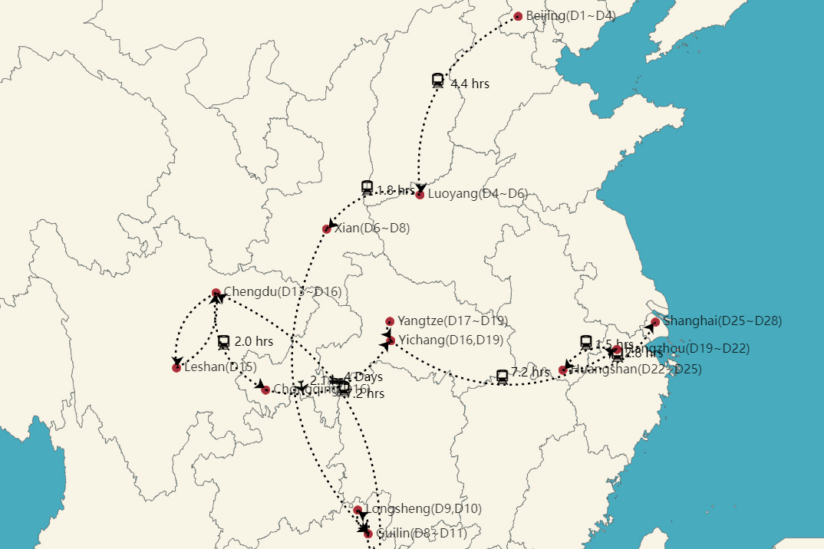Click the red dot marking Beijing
(518, 16)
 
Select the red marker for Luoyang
(420, 195)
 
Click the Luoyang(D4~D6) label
(477, 193)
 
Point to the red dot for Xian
(327, 229)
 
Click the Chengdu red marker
(216, 292)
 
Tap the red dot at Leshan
(176, 368)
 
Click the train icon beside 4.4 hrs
(438, 80)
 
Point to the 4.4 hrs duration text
(470, 84)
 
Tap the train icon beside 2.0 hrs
(224, 341)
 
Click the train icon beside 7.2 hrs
(503, 376)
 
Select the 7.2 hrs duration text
(530, 373)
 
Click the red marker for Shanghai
(655, 322)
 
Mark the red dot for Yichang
(391, 340)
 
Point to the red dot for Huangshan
(563, 370)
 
